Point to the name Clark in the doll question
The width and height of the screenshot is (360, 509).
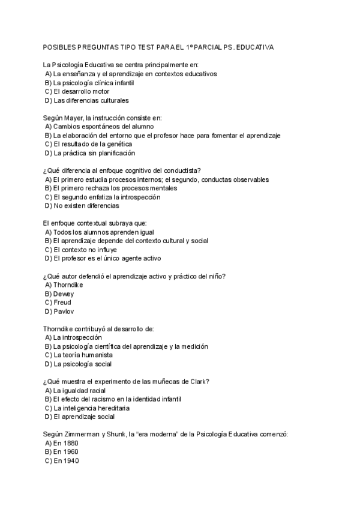coord(199,381)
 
